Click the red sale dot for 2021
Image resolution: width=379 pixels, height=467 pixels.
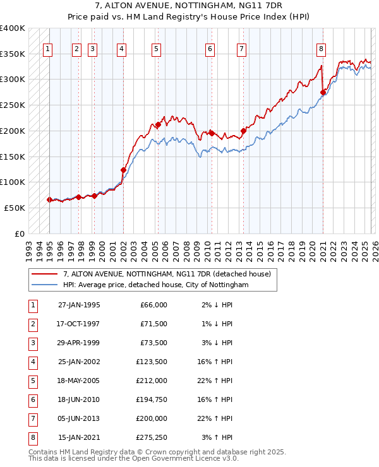[323, 92]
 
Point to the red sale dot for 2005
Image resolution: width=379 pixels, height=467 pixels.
[159, 125]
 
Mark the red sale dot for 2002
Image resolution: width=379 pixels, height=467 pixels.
[123, 170]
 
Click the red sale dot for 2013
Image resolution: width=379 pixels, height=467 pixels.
[243, 131]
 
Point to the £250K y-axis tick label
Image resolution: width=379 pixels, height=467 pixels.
[12, 105]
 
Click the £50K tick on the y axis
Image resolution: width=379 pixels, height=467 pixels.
[15, 208]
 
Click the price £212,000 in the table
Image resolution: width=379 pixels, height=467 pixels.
[152, 381]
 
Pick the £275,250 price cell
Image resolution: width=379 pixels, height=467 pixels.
[152, 437]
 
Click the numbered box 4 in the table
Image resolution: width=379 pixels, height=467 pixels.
[32, 362]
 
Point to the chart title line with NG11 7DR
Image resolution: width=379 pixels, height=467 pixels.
[189, 7]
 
